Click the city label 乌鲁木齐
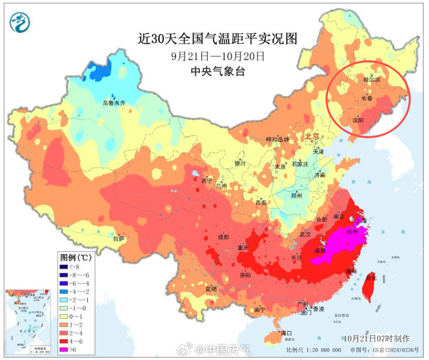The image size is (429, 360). coord(113,103)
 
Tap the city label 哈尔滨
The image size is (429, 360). coord(372,80)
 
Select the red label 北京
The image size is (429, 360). coord(312,136)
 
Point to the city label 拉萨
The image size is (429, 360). coord(119,239)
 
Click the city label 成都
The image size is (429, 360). coord(223,237)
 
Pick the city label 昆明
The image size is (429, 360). coord(211,289)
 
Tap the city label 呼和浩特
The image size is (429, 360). coord(277,139)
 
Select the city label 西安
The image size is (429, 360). coord(261,203)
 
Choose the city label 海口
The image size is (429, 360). coord(286,333)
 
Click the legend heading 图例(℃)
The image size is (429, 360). coord(76,257)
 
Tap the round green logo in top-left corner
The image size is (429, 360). coord(20,22)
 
